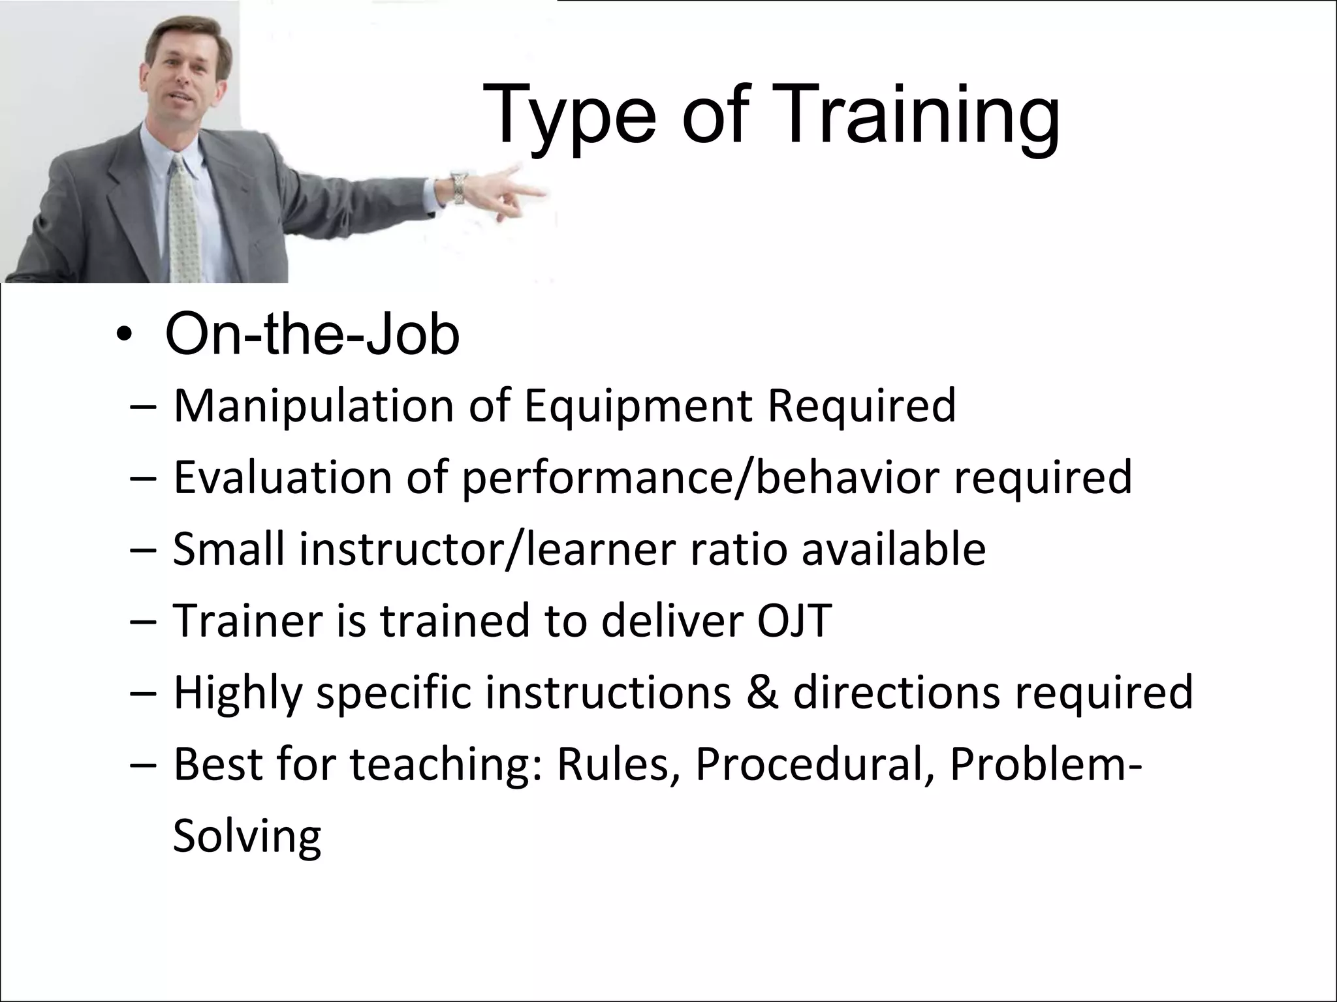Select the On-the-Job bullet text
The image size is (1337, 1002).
tap(312, 335)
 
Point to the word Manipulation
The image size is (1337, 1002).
tap(313, 406)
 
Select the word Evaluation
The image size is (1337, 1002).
tap(282, 478)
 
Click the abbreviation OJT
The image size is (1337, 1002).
tap(794, 620)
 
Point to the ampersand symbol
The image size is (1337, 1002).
tap(762, 693)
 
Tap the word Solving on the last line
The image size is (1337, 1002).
tap(247, 836)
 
